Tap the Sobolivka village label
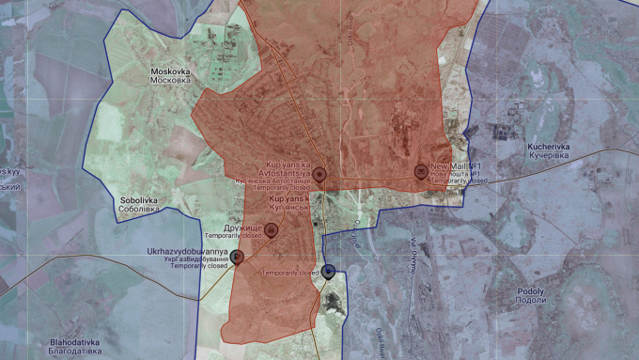coord(139,199)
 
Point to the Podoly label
coord(530,291)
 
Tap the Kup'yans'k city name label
coord(289,199)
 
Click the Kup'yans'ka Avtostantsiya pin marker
coord(319,174)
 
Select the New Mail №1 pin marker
coord(420,171)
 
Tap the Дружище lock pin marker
coord(272,230)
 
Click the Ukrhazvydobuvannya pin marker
coord(238,257)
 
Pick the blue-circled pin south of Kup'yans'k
coord(329,272)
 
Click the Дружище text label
coord(242,227)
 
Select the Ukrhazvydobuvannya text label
coord(187,252)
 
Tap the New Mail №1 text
coord(456,166)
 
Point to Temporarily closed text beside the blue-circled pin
coord(291,273)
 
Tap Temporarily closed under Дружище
coord(232,236)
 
